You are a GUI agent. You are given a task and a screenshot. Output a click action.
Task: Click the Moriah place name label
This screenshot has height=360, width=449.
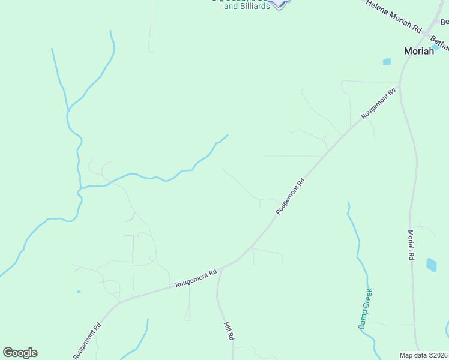coord(419,51)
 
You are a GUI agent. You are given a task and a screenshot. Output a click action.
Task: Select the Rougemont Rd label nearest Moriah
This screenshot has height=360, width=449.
coord(379,103)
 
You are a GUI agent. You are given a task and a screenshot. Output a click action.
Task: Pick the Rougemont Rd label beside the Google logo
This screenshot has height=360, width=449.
coord(88,341)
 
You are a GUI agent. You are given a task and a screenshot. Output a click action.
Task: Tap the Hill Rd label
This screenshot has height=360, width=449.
coord(228,331)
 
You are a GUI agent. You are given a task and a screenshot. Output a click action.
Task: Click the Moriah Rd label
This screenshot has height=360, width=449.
coord(411,245)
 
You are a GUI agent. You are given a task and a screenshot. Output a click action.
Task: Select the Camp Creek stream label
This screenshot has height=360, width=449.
coord(366,308)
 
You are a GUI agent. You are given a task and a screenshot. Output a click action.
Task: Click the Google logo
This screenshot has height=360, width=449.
coord(20,353)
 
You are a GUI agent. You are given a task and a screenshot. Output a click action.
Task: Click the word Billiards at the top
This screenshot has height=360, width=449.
coord(255,7)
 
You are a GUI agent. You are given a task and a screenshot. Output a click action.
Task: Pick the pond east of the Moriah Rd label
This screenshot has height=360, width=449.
coord(432,265)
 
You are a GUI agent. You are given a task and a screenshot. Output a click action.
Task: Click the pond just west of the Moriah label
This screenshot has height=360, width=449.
coord(387,61)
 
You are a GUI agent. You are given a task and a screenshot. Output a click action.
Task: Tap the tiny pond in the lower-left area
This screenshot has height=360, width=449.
coord(79,292)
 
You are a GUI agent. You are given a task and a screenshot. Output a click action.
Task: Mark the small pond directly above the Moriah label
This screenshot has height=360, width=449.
coord(435,47)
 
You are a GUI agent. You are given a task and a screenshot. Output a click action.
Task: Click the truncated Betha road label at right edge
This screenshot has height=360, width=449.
coord(440,44)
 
